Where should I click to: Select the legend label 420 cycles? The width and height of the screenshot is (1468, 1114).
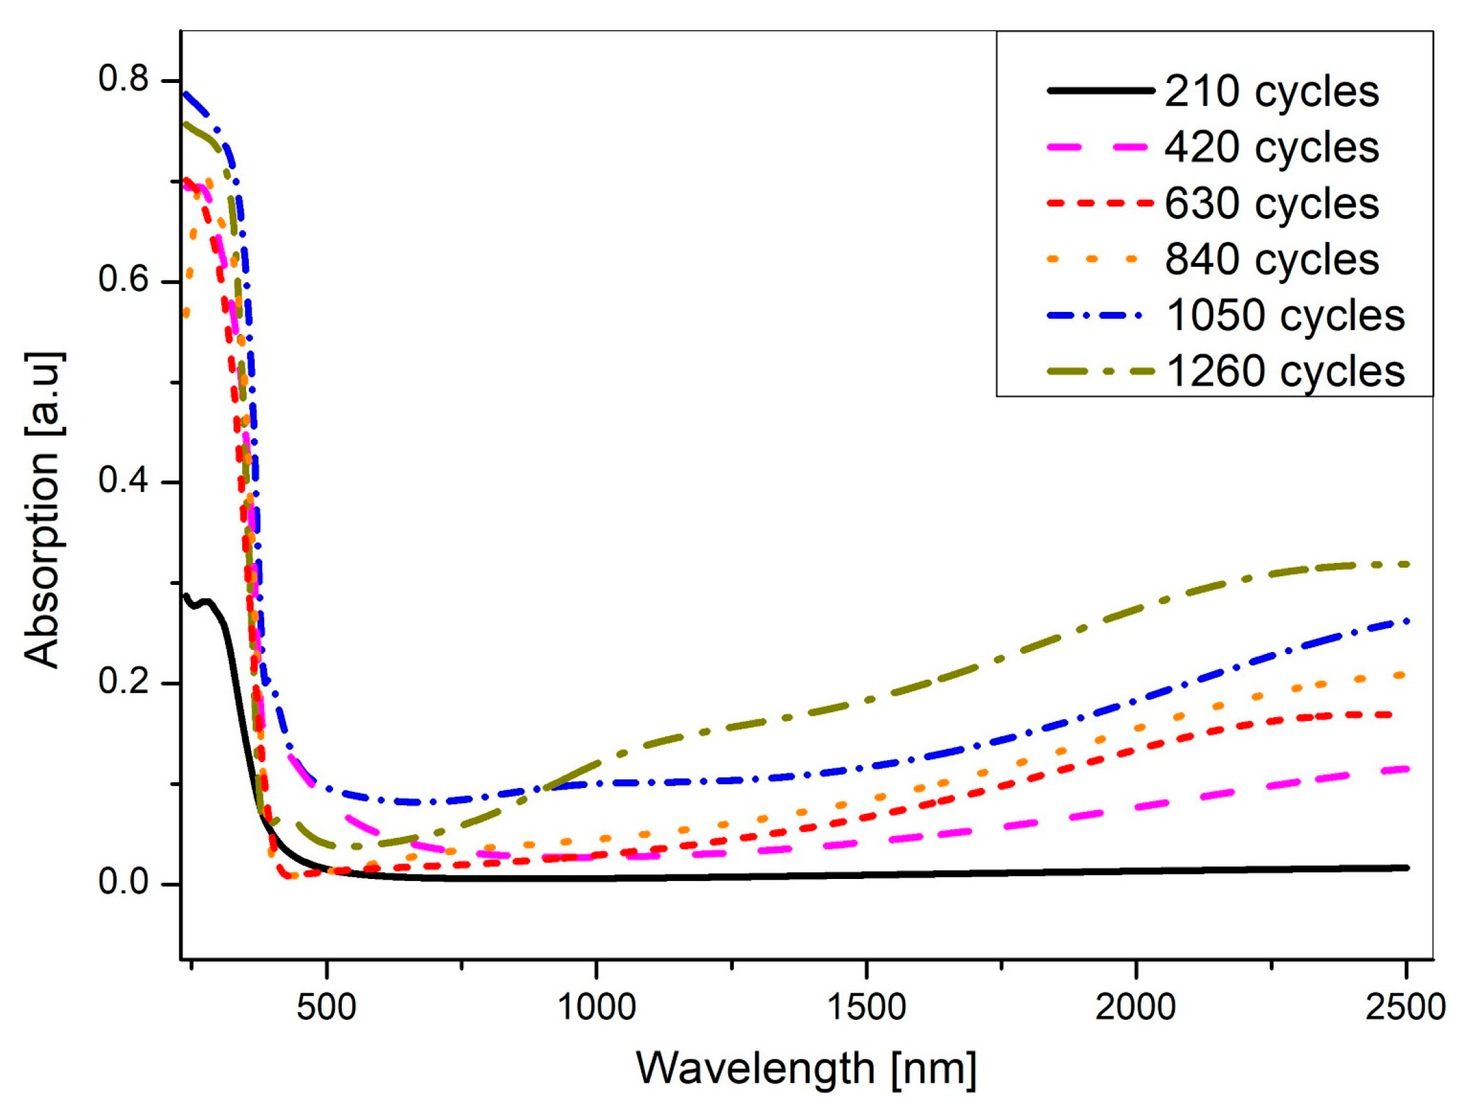(1272, 147)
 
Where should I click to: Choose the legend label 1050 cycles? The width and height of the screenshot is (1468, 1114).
(1285, 315)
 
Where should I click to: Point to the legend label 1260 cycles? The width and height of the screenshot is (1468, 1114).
(1285, 371)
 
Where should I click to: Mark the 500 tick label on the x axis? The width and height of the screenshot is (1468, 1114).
(327, 1007)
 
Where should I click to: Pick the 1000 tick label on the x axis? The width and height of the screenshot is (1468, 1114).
(597, 1007)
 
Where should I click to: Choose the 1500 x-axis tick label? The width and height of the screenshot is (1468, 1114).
(866, 1007)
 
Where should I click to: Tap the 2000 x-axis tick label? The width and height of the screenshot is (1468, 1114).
(1136, 1007)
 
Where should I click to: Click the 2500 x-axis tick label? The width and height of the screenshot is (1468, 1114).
(1405, 1007)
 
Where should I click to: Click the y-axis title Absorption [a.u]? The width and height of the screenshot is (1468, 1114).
(45, 510)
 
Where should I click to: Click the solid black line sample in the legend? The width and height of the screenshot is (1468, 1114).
(1100, 91)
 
